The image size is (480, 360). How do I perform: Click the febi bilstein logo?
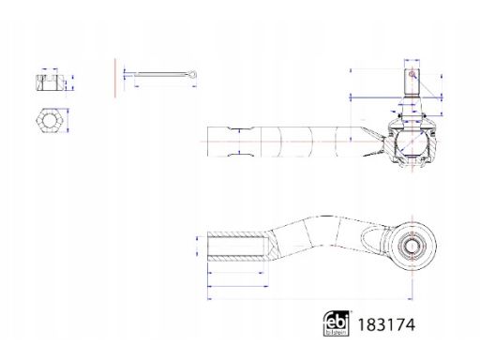point(336,323)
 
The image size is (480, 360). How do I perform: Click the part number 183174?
point(386,324)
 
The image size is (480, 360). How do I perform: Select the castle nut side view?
point(51,82)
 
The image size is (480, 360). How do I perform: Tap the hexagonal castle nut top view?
point(50,120)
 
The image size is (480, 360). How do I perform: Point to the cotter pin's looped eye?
point(192,74)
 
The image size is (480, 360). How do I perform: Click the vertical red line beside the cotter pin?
point(115,78)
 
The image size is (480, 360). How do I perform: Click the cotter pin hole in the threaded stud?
point(412,74)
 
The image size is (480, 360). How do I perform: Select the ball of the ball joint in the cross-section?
point(412,142)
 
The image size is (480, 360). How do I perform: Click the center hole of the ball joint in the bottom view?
point(412,246)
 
